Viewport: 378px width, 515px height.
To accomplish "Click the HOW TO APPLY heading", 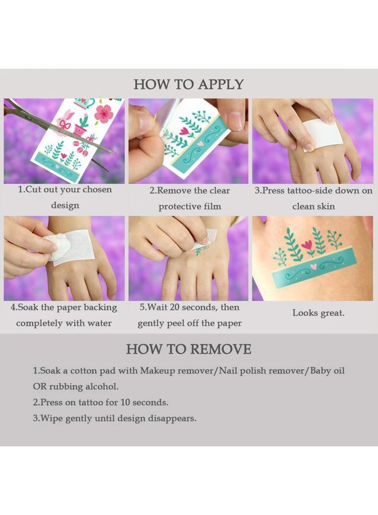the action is point(188,85).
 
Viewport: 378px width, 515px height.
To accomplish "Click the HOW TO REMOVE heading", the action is point(188,349).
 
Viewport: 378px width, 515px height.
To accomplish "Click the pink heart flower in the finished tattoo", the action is point(306,245).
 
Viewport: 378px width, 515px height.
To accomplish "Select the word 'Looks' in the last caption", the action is point(304,313).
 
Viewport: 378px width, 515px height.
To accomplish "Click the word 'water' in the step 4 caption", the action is point(100,323).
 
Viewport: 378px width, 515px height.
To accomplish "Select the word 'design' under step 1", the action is point(65,206).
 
